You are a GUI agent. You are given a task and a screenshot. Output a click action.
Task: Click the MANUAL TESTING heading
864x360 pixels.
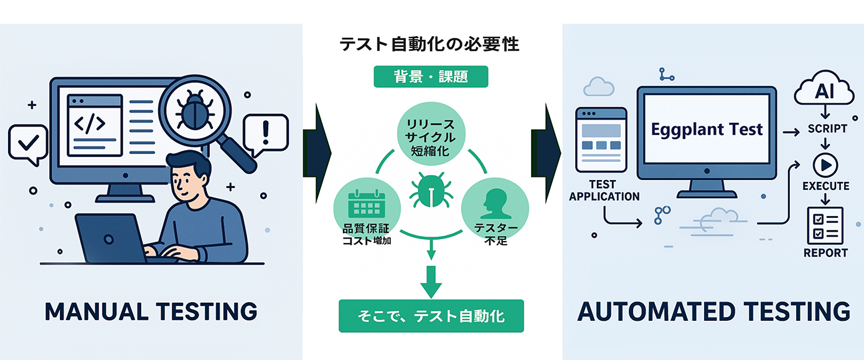(151, 311)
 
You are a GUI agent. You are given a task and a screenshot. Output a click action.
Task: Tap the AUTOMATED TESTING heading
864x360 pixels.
(713, 311)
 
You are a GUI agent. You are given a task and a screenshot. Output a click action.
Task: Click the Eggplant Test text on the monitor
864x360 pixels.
(707, 130)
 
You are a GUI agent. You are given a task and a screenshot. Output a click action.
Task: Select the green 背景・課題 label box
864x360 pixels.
(431, 77)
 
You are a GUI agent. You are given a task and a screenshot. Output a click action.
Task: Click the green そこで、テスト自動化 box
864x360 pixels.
(431, 316)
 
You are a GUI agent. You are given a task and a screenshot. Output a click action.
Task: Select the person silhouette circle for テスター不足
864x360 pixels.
(495, 204)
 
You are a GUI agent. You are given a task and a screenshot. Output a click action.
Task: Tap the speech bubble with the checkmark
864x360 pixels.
(27, 142)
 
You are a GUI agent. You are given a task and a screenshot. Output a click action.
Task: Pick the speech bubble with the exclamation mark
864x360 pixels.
(266, 133)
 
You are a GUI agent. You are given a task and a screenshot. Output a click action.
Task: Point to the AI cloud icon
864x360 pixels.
(824, 93)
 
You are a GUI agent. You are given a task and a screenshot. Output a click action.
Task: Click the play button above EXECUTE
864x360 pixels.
(825, 164)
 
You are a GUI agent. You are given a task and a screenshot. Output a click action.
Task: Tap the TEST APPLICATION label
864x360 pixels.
(604, 190)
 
